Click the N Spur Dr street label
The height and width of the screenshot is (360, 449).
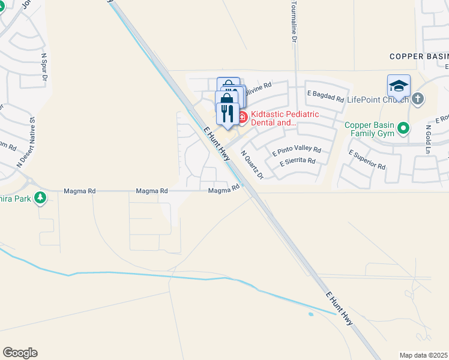click(44, 67)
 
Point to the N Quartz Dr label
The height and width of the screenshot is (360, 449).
click(253, 164)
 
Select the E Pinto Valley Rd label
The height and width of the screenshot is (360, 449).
click(297, 151)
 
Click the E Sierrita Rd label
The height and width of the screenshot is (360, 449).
click(297, 161)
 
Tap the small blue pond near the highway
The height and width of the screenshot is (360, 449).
click(310, 314)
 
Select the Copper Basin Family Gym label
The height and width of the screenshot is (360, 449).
click(369, 129)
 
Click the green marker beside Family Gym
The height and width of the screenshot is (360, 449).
click(404, 128)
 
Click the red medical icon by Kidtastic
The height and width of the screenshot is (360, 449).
click(243, 117)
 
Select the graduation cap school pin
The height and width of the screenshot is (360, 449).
click(399, 86)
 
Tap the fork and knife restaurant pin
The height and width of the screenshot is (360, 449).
click(228, 113)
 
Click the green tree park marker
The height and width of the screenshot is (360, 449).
click(40, 197)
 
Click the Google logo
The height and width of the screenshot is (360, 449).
click(20, 353)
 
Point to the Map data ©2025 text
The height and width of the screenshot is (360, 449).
click(424, 355)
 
